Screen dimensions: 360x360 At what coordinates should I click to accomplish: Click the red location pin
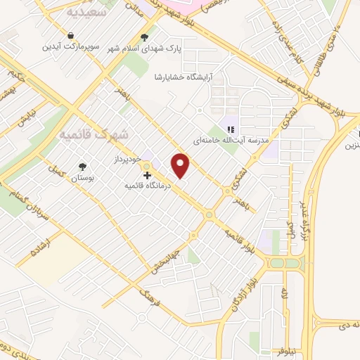click(181, 165)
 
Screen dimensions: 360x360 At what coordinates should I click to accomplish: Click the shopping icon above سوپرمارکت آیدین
click(71, 35)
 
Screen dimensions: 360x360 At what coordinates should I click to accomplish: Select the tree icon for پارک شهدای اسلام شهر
click(145, 37)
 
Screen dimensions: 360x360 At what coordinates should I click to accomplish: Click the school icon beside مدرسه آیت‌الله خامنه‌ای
click(229, 128)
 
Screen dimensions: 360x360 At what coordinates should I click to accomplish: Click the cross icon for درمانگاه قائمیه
click(147, 175)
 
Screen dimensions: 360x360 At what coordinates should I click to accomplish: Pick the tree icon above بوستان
click(83, 166)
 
